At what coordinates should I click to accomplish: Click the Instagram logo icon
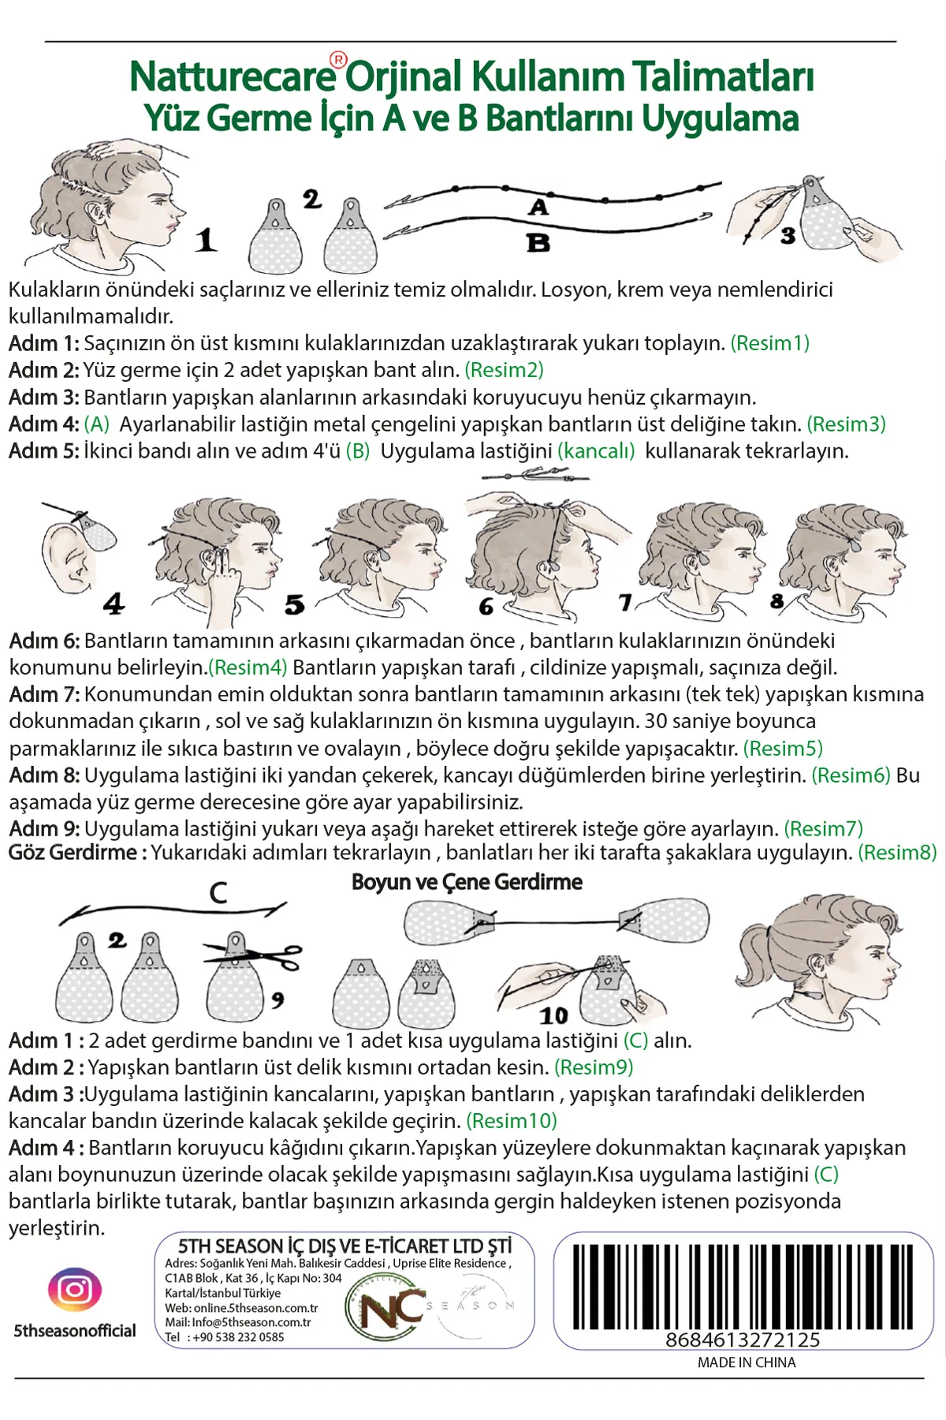[75, 1290]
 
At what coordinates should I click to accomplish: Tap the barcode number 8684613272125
[743, 1340]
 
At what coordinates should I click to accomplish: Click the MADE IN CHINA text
[747, 1362]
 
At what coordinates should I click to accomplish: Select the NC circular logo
[386, 1310]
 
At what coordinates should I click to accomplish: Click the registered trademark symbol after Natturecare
[337, 59]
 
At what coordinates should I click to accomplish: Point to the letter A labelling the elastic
[538, 207]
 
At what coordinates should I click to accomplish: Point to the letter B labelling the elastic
[538, 242]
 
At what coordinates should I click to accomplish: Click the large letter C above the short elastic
[218, 892]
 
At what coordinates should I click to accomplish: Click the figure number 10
[553, 1015]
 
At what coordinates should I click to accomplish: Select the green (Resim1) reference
[770, 343]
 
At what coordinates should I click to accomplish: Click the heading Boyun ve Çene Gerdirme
[467, 882]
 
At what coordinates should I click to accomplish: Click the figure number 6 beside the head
[486, 607]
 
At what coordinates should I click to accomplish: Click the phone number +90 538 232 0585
[238, 1337]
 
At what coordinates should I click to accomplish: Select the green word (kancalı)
[596, 451]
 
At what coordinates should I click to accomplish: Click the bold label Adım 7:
[44, 694]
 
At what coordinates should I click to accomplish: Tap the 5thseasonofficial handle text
[75, 1331]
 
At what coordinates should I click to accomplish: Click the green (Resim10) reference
[512, 1121]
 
